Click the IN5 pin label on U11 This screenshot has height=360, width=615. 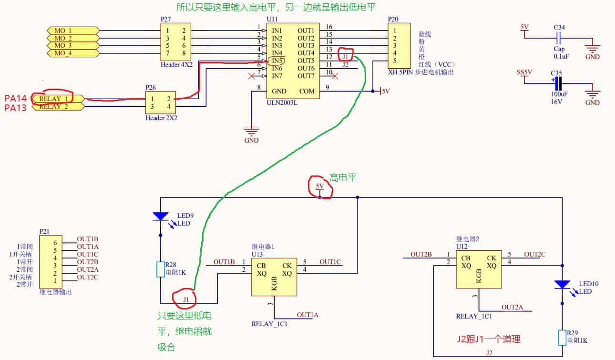coord(277,61)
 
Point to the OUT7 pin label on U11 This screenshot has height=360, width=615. coord(306,76)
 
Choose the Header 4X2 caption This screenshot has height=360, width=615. coord(177,64)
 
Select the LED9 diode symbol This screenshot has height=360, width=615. coord(160,216)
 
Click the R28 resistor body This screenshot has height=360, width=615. coord(160,269)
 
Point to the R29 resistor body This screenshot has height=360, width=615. coord(562,337)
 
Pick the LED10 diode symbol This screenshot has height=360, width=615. coord(562,285)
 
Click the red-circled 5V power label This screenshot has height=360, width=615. coord(320,186)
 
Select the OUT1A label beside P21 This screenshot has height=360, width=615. coord(88,247)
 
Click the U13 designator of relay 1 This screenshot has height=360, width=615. coord(258,254)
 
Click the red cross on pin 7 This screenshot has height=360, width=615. coord(251,76)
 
